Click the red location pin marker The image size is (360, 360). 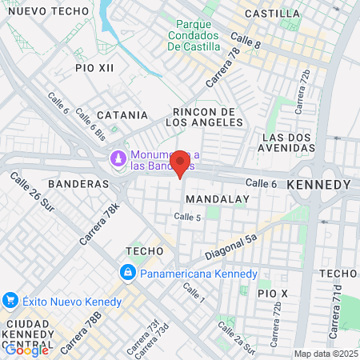(181, 165)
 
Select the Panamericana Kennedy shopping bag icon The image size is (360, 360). (128, 274)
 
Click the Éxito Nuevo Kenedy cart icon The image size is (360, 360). (10, 301)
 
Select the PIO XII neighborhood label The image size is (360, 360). (95, 68)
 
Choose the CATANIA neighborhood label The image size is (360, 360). (122, 115)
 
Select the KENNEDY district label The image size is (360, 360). (318, 185)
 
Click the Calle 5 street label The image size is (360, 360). (187, 217)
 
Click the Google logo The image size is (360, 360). (26, 349)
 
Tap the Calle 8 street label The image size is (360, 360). (246, 39)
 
